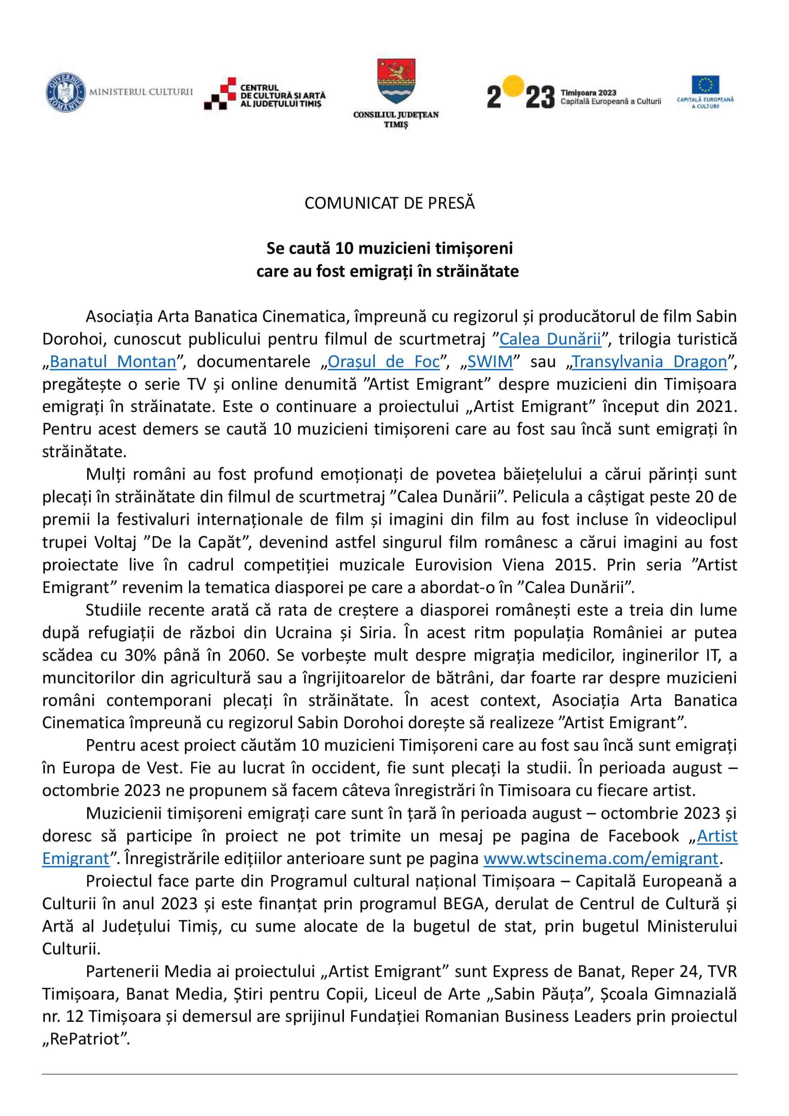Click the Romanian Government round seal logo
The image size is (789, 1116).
pos(65,92)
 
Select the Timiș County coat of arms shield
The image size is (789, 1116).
pos(396,81)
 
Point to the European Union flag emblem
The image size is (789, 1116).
pos(705,85)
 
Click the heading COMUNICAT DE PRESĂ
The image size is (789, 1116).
pos(389,203)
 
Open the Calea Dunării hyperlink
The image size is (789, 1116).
pos(550,339)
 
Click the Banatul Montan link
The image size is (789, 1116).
pos(113,362)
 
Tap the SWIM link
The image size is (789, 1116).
pos(490,362)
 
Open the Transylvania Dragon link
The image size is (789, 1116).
pos(650,362)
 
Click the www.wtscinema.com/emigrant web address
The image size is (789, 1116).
pos(601,858)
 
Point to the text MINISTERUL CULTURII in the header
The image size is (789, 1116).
pos(140,92)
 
